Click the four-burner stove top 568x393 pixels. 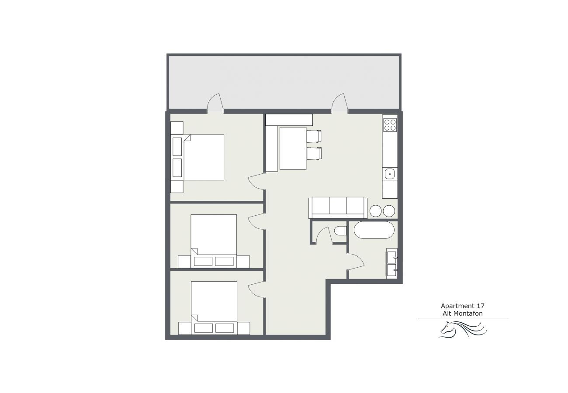[x=390, y=125]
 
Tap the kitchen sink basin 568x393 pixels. [x=390, y=174]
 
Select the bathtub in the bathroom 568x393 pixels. [x=374, y=230]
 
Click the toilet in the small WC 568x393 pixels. [x=340, y=231]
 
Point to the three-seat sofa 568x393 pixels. [x=338, y=208]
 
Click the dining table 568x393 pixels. [x=293, y=148]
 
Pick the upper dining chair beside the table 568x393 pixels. [x=314, y=136]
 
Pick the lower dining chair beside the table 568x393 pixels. [x=314, y=154]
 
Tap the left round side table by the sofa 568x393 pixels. [x=376, y=211]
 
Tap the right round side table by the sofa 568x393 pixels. [x=389, y=211]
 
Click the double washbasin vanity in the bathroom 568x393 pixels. [x=392, y=263]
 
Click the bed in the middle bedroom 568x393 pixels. [x=214, y=241]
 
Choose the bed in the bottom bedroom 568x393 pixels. [x=214, y=308]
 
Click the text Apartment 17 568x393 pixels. [x=463, y=306]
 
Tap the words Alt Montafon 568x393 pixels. [x=463, y=314]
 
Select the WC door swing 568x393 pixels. [x=324, y=235]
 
